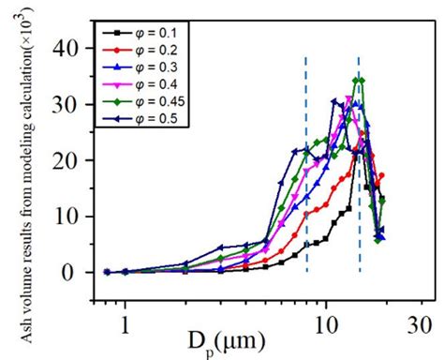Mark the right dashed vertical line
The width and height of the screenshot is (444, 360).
point(360,187)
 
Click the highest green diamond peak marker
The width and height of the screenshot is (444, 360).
point(357,81)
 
